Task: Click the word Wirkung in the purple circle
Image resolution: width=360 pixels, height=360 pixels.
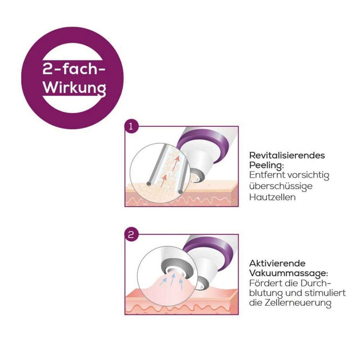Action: pos(74,88)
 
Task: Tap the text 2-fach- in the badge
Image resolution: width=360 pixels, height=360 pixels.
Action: pos(74,69)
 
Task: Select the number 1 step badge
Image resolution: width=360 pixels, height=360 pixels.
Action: pos(131,126)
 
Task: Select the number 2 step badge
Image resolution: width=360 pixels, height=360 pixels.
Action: pos(131,235)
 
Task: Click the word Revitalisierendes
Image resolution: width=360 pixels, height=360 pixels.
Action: pos(287,155)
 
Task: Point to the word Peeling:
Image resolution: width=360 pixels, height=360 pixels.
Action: pos(266,166)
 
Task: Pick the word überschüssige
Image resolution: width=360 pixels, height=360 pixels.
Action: pos(281,186)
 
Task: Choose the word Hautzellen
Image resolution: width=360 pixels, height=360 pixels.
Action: pos(273,197)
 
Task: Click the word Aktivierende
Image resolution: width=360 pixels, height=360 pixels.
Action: pos(277,263)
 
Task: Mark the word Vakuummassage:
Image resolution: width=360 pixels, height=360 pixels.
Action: pos(289,274)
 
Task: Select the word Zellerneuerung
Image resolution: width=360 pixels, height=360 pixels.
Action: pos(298,303)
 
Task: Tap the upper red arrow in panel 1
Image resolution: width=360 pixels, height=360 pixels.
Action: pos(175,163)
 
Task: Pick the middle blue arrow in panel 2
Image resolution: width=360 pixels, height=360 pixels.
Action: pos(172,281)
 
